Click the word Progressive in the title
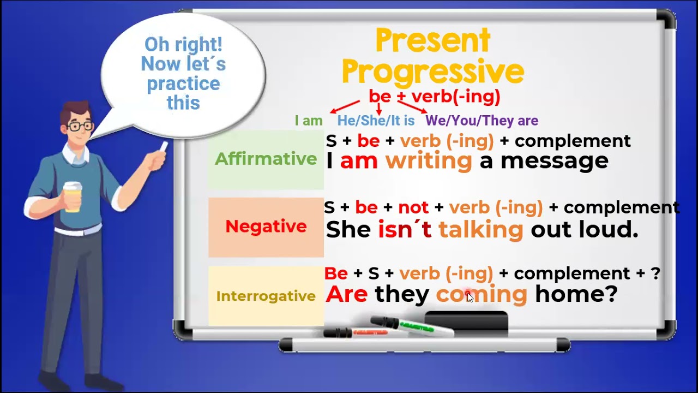(x=433, y=72)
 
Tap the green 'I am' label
(x=309, y=121)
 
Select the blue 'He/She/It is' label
(x=376, y=121)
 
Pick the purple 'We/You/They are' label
(x=482, y=121)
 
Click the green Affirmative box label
(x=266, y=159)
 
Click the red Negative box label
(x=266, y=227)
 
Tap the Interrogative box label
(x=266, y=296)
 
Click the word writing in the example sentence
(x=428, y=161)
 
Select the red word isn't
(x=405, y=230)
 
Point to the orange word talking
(x=480, y=230)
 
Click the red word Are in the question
(x=346, y=295)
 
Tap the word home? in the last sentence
(x=576, y=295)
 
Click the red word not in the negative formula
(x=413, y=208)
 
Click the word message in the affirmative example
(x=554, y=161)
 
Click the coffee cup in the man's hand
(x=72, y=196)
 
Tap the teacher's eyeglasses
(x=81, y=127)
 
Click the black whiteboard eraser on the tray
(x=466, y=323)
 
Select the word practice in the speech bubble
(x=183, y=84)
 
